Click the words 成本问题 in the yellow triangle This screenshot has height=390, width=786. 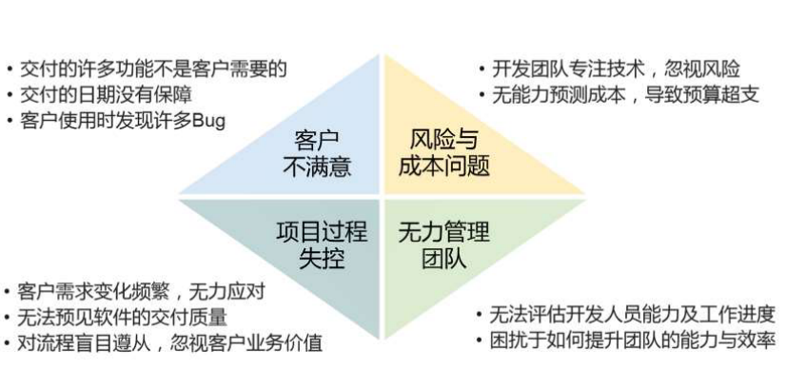[443, 167]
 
